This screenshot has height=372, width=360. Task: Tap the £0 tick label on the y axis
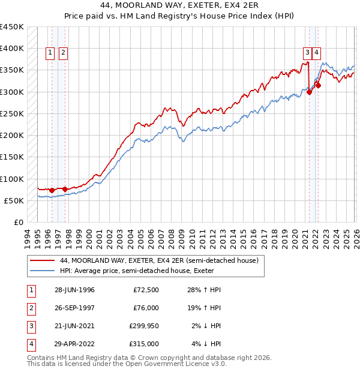19,222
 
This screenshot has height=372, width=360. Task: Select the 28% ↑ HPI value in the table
204,290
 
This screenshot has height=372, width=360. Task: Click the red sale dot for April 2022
318,85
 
